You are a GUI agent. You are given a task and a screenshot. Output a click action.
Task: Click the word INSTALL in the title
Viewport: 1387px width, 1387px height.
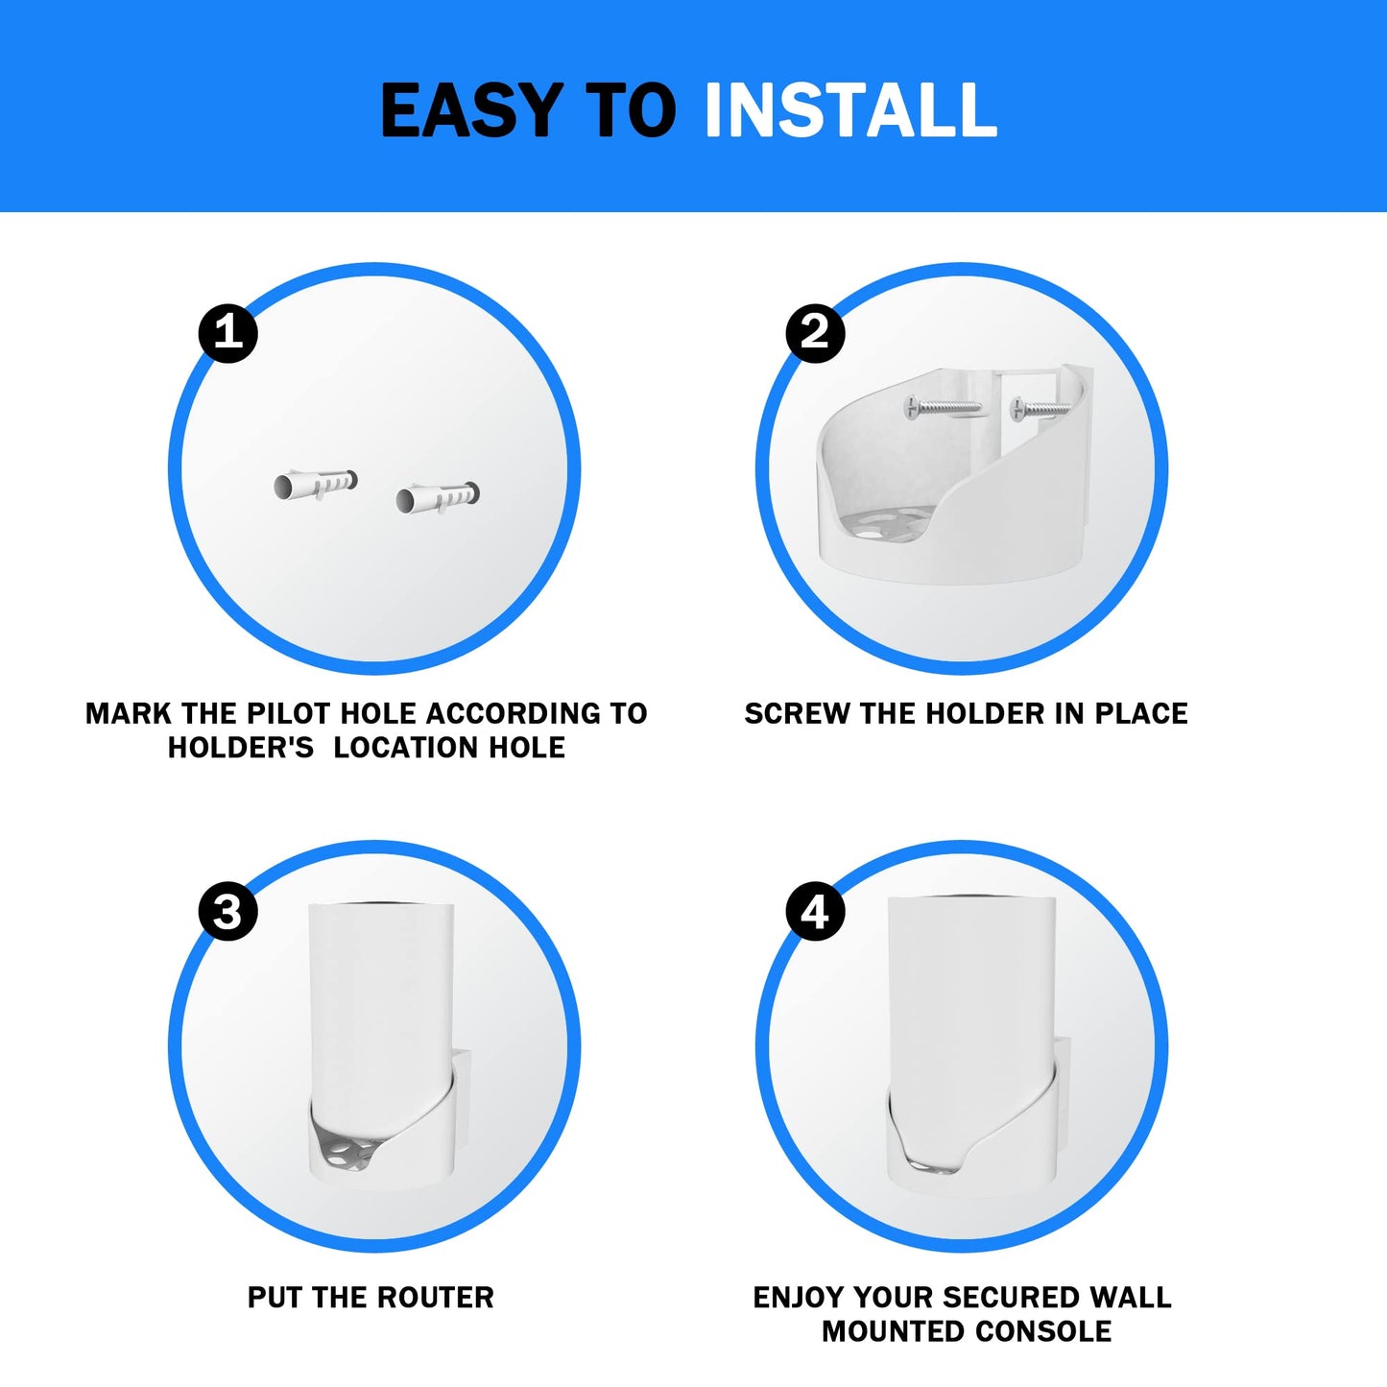pyautogui.click(x=850, y=109)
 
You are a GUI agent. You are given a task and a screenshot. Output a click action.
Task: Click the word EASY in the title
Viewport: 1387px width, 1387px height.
pyautogui.click(x=471, y=109)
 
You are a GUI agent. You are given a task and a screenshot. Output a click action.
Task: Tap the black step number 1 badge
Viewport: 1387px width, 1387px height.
pyautogui.click(x=227, y=333)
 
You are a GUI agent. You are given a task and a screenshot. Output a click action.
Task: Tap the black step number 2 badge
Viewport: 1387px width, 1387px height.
pyautogui.click(x=815, y=333)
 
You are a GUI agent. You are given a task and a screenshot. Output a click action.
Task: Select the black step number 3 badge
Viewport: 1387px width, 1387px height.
pyautogui.click(x=227, y=912)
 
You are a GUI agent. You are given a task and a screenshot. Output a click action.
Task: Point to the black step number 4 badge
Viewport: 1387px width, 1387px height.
pyautogui.click(x=815, y=912)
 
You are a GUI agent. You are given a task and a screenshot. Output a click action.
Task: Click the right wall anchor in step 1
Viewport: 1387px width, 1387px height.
pyautogui.click(x=438, y=497)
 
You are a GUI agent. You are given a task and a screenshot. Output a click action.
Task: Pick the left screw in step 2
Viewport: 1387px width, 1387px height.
pyautogui.click(x=943, y=408)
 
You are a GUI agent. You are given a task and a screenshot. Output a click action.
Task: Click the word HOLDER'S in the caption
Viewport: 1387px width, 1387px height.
pyautogui.click(x=241, y=748)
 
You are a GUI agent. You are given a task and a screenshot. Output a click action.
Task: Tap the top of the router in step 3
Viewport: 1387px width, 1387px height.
pyautogui.click(x=381, y=906)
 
